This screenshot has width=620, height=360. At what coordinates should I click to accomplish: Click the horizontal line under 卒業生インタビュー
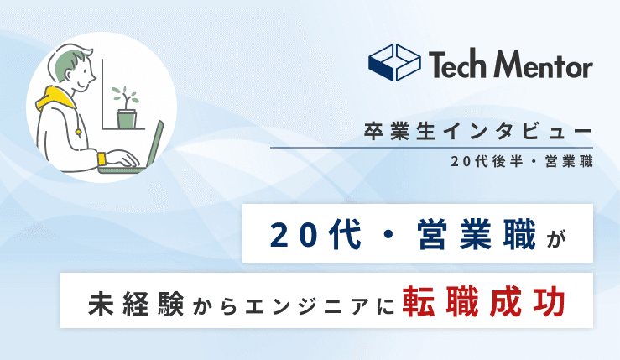431,147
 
